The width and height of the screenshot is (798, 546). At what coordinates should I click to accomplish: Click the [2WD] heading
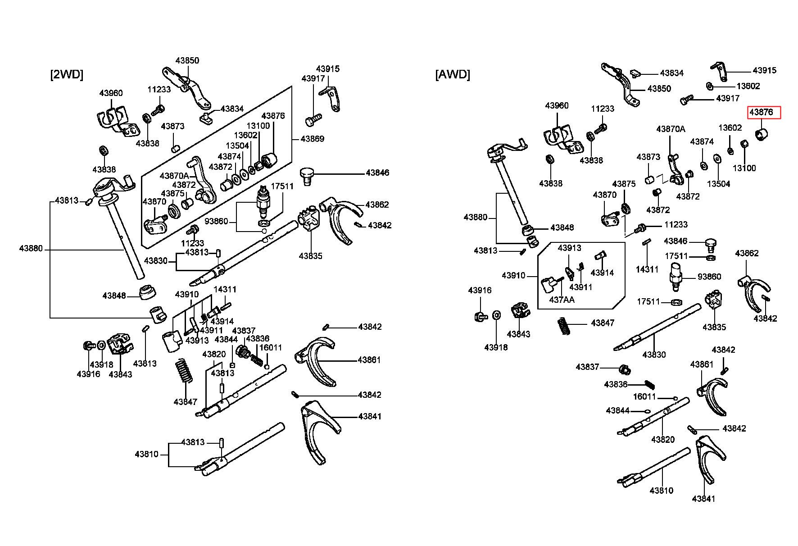tap(67, 74)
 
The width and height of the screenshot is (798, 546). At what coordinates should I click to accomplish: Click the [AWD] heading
tap(453, 74)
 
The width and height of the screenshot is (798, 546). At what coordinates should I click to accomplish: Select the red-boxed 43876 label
tap(764, 112)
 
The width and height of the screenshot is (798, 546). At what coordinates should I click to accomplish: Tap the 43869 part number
tap(313, 139)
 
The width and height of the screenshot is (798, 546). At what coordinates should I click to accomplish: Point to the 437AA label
tap(562, 299)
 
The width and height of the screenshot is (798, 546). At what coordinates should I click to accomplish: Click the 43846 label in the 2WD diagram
tap(377, 173)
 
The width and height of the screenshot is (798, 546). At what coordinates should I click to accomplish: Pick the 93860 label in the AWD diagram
tap(709, 277)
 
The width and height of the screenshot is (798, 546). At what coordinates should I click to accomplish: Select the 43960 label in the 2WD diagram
tap(111, 93)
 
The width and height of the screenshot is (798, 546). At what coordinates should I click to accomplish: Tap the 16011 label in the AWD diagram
tap(644, 396)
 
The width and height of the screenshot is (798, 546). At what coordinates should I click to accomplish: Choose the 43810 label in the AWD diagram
tap(662, 490)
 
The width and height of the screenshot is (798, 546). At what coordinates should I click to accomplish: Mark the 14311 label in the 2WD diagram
tap(225, 289)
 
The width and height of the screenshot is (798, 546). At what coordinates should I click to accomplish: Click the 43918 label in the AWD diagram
tap(496, 347)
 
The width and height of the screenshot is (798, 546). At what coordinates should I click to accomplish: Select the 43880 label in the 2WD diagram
tap(31, 248)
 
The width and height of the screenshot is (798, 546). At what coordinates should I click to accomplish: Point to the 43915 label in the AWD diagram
tap(765, 70)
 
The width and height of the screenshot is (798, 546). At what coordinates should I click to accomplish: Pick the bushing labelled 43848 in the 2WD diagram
tap(147, 292)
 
